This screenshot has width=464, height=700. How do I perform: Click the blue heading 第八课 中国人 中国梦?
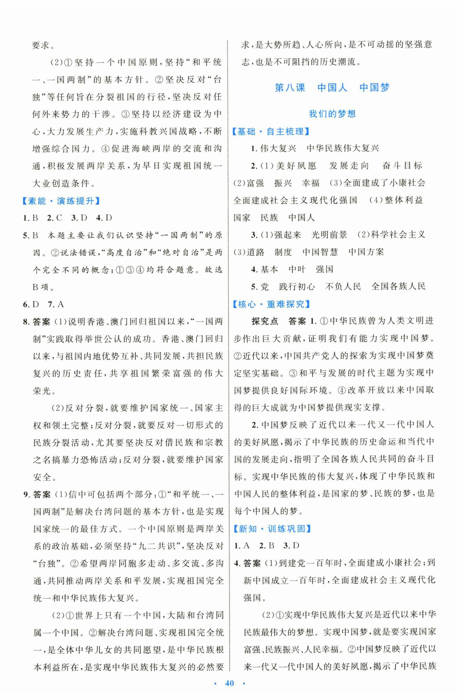coord(332,88)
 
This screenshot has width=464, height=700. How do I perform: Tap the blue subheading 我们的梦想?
coord(332,114)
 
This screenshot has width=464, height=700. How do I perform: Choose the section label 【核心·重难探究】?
coord(271,304)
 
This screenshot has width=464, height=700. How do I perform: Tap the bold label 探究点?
coord(264,321)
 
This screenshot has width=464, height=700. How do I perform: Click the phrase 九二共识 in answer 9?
coord(152,546)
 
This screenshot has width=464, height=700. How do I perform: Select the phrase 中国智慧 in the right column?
coord(320,252)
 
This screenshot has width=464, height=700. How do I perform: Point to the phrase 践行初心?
coord(297,287)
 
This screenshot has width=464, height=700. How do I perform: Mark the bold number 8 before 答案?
coord(26,322)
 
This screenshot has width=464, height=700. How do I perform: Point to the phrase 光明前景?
coord(329,235)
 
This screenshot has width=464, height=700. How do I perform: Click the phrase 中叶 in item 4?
coord(297,269)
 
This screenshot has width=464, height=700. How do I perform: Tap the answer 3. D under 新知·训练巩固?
coord(291,545)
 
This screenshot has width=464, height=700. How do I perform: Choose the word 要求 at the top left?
coord(40,45)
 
